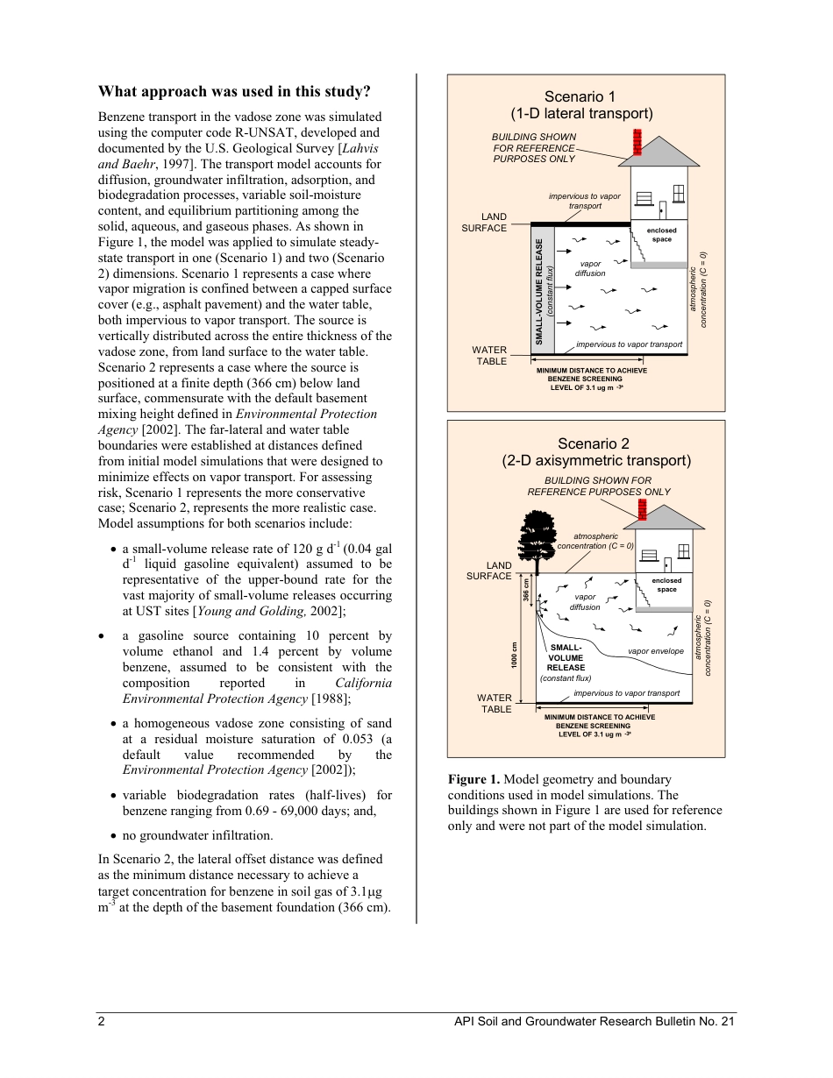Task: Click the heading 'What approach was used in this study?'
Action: point(234,91)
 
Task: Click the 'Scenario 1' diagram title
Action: point(580,96)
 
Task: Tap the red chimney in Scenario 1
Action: point(637,142)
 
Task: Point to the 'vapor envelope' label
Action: point(656,651)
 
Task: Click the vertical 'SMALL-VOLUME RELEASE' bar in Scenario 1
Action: point(544,290)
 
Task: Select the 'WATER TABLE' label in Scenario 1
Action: point(490,355)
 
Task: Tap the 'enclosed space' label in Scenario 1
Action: point(661,235)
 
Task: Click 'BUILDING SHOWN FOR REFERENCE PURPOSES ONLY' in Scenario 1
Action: point(533,148)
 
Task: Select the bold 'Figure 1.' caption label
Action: point(473,778)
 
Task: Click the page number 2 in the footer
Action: point(102,1021)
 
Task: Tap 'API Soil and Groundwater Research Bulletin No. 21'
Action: point(594,1021)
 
